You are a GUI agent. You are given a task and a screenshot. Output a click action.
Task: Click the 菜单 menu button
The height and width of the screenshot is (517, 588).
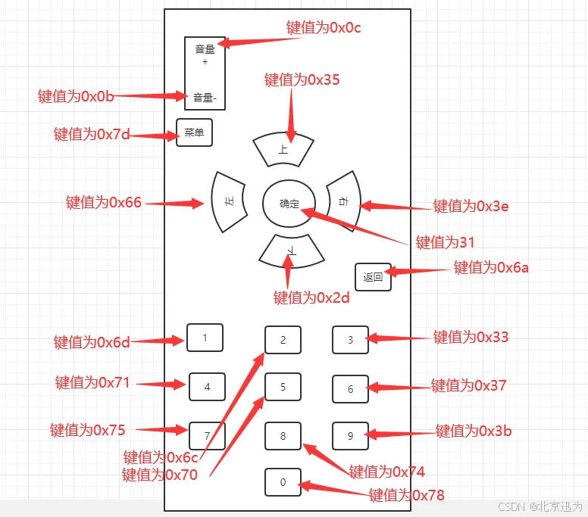194,132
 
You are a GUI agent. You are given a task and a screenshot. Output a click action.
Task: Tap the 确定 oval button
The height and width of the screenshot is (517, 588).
289,204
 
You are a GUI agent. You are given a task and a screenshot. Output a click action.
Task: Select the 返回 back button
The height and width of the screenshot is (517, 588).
373,277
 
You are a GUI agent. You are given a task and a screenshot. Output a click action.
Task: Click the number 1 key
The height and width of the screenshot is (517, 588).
205,338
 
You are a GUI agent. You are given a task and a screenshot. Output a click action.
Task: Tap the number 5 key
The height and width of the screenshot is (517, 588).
283,387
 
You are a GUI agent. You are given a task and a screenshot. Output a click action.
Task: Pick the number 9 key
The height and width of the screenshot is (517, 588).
350,435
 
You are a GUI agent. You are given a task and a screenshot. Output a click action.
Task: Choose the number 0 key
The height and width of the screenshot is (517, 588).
283,482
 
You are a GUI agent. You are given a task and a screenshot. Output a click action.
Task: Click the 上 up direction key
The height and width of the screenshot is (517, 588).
283,149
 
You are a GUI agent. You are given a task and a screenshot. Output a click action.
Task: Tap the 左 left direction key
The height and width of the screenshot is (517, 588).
227,201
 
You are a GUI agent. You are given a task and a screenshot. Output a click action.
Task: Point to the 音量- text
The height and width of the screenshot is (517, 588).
205,97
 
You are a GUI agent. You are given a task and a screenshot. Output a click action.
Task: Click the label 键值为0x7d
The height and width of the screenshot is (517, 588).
92,135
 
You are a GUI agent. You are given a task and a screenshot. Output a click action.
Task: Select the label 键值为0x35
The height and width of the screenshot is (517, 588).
302,79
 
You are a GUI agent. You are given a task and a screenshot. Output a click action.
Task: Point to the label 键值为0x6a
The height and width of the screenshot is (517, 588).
491,267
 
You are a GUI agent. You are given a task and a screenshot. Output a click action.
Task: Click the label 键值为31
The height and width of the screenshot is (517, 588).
445,242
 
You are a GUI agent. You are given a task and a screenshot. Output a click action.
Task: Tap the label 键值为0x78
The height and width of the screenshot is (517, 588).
406,495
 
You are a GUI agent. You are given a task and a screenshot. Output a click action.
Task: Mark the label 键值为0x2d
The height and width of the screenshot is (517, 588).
311,297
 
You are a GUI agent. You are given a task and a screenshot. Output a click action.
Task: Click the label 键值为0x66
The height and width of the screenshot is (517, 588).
104,202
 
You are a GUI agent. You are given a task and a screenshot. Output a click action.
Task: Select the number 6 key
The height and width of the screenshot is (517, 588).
350,389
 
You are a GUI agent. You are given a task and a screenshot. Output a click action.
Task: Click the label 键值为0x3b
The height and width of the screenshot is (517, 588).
474,431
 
